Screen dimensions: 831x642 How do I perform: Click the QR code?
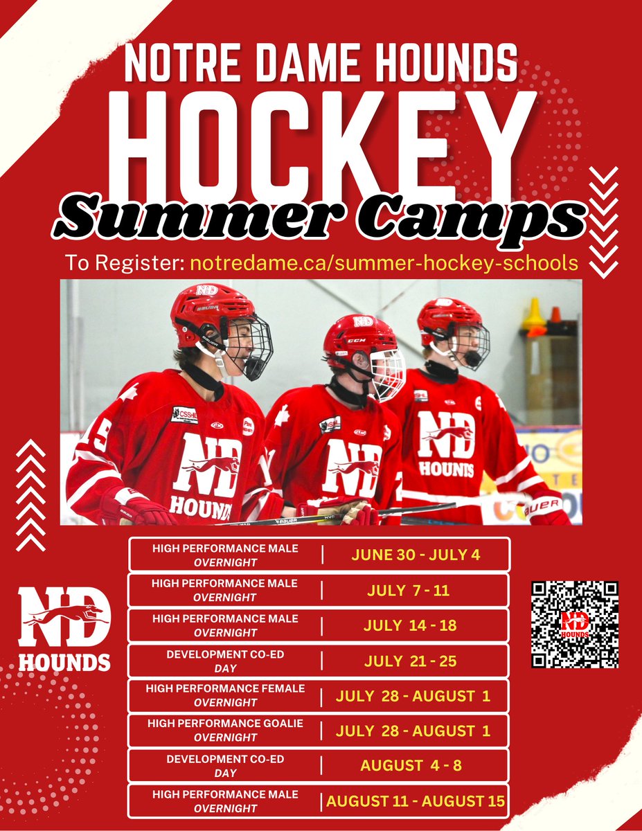(575, 624)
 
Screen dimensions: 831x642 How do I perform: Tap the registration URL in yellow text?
(384, 263)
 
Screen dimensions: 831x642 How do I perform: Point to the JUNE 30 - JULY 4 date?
(416, 555)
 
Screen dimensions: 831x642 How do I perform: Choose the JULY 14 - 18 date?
(409, 625)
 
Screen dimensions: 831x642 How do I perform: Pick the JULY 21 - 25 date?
(409, 661)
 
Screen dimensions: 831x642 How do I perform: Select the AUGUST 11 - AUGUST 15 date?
(416, 802)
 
